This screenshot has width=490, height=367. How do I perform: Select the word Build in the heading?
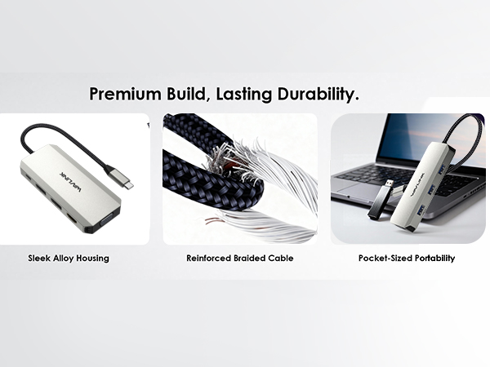coord(180,95)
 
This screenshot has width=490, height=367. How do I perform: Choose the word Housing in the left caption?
coord(91,259)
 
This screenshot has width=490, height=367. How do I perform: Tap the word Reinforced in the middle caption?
coord(208,259)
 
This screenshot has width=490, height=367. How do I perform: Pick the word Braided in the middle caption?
coord(248,259)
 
